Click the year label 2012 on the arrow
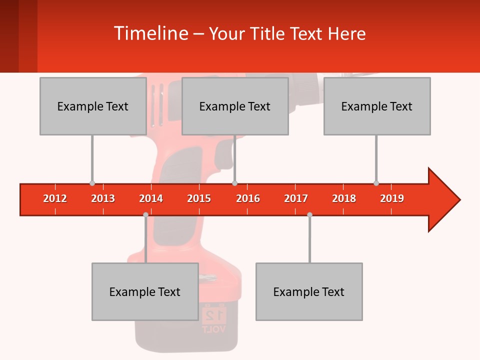[55, 199]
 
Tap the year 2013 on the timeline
[103, 199]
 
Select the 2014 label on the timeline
[151, 199]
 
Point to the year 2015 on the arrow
[199, 199]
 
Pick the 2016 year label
[248, 199]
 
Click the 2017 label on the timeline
[296, 199]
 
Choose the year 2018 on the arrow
[344, 199]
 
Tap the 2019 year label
[392, 199]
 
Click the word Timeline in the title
[150, 33]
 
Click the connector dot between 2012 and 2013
[92, 183]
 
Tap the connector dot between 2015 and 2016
[234, 183]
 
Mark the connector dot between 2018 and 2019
[376, 183]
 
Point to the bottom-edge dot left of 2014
[145, 215]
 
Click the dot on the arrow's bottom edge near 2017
[309, 215]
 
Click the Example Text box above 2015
[235, 106]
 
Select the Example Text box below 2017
[309, 291]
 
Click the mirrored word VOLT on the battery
[213, 329]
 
